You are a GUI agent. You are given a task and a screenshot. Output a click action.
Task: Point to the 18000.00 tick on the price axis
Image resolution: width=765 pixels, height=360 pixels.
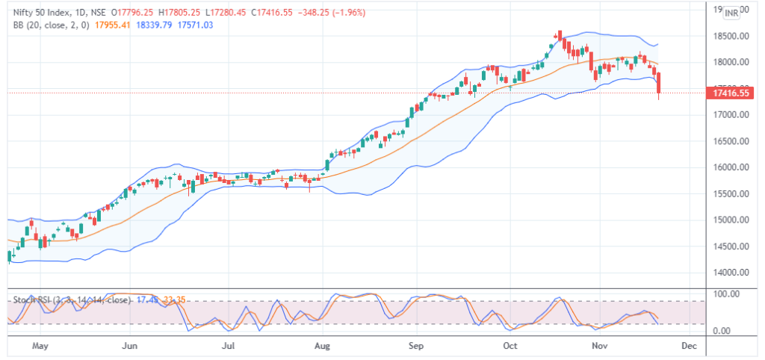[x=728, y=62]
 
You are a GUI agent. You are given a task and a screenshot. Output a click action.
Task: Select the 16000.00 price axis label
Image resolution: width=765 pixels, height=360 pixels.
[x=728, y=167]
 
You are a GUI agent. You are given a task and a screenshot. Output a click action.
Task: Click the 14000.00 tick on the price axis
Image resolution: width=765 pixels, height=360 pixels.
[x=728, y=273]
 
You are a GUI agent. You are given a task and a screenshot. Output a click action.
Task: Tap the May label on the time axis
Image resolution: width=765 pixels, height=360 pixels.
[x=41, y=347]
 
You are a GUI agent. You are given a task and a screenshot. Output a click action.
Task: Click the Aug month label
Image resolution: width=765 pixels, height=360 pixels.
[x=323, y=347]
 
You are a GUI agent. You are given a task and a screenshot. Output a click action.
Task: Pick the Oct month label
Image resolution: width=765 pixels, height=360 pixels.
[x=510, y=347]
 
